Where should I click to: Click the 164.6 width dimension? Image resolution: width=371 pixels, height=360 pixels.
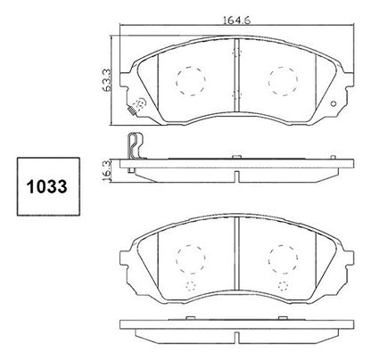point(237,20)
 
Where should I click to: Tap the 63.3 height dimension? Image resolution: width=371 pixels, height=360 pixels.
point(107,80)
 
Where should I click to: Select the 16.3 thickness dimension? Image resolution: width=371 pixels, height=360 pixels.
point(106,169)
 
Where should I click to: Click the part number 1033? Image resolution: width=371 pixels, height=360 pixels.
point(47,187)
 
